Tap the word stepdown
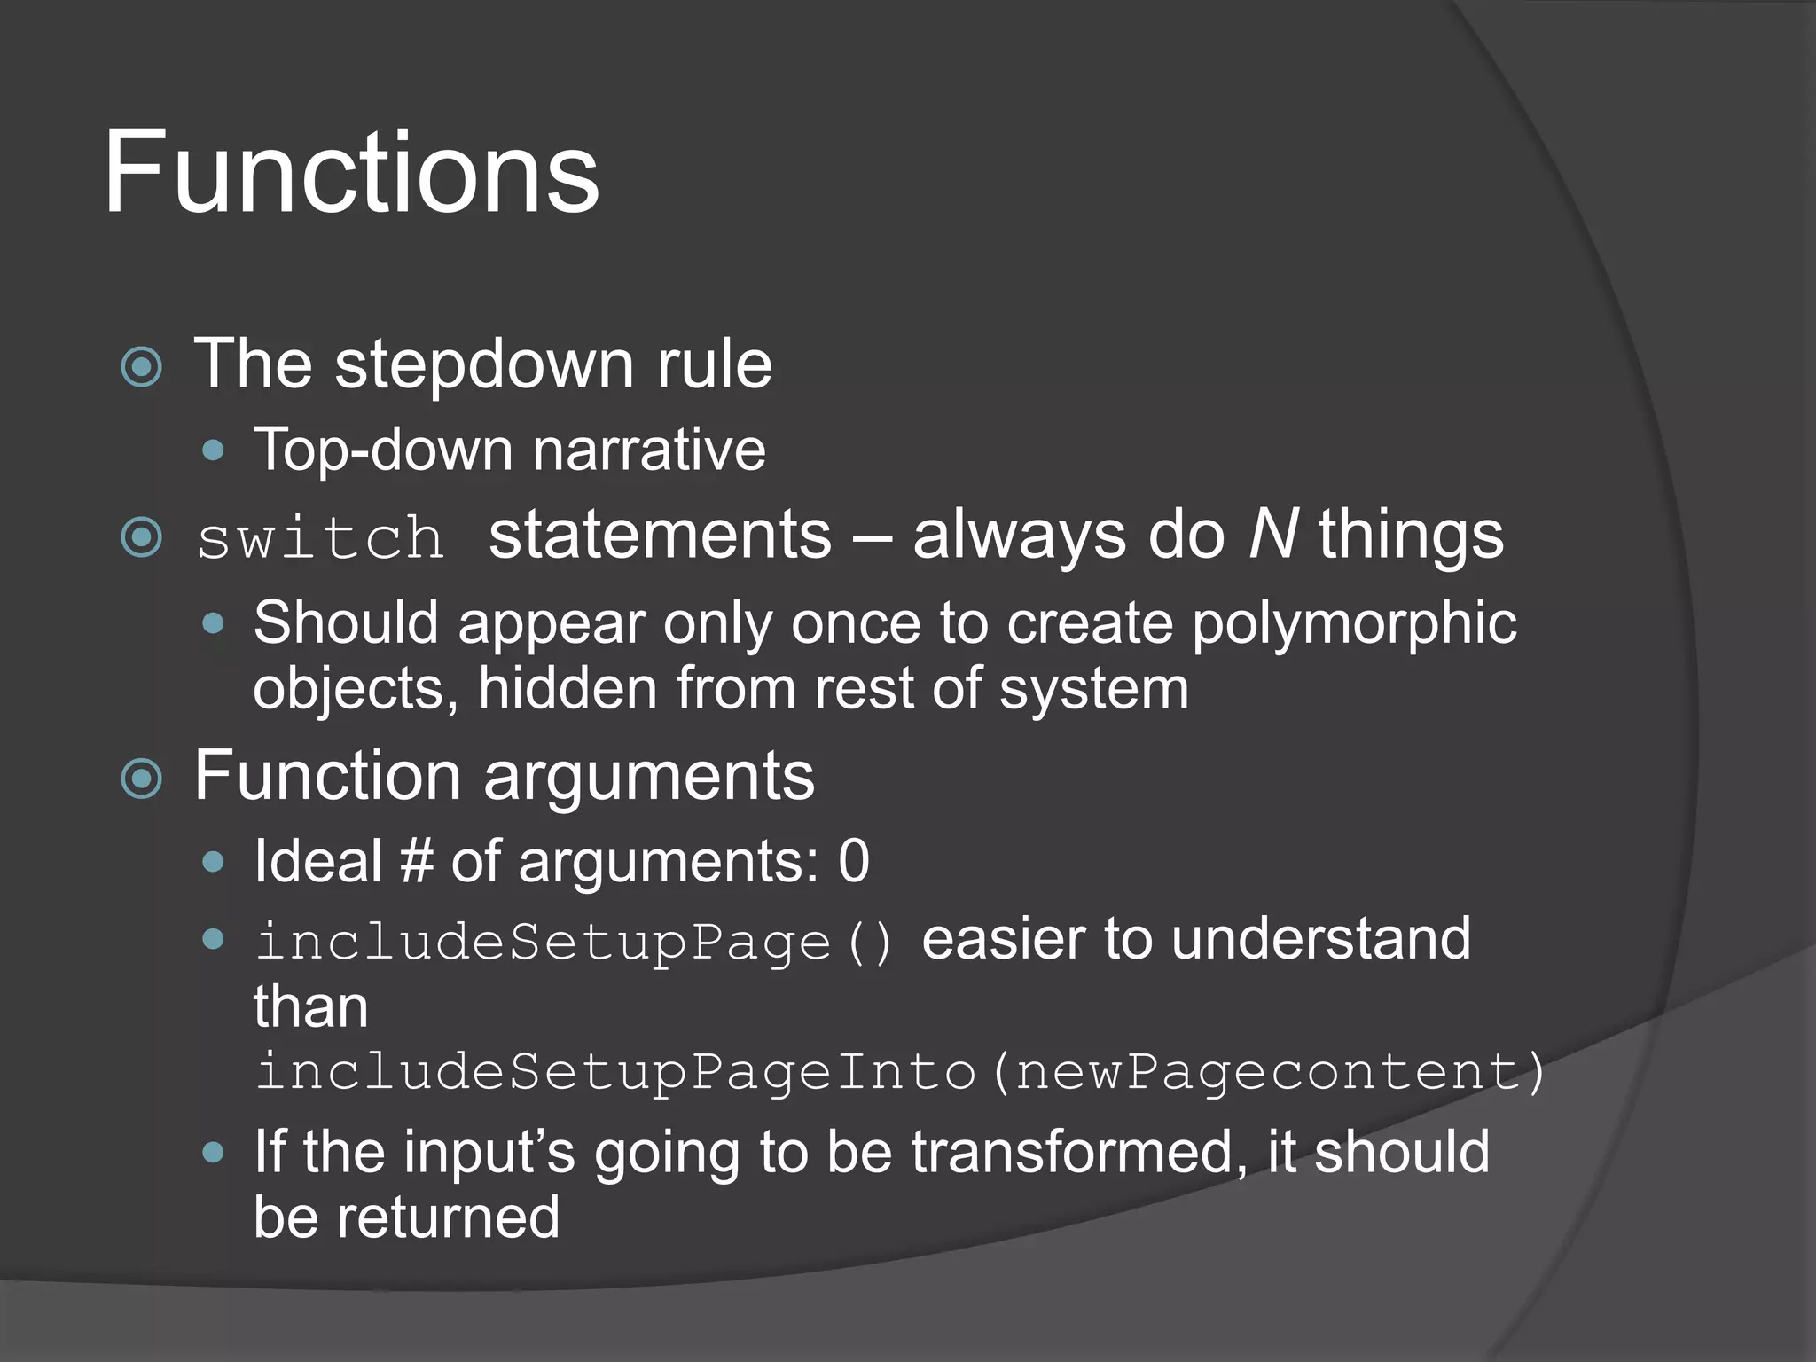(x=484, y=364)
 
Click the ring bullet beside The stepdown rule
(x=142, y=367)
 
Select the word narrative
(x=649, y=450)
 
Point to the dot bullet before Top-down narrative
(x=213, y=450)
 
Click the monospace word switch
(x=320, y=538)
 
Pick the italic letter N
(x=1273, y=535)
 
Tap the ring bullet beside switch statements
(x=142, y=537)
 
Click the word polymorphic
(x=1353, y=623)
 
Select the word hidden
(x=567, y=689)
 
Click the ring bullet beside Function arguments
(x=142, y=779)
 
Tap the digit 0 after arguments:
(x=854, y=861)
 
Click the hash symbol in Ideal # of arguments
(x=415, y=861)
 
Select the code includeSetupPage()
(x=575, y=941)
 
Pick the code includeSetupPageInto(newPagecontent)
(x=899, y=1071)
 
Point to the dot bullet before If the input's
(x=213, y=1153)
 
